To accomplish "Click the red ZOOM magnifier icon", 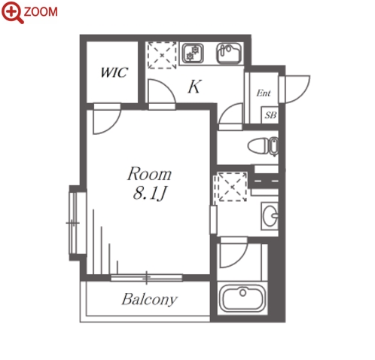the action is (12, 13).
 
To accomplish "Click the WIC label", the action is (114, 72).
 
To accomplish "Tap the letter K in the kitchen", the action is (194, 87).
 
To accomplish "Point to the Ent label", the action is (264, 93).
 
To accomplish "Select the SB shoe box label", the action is (270, 115).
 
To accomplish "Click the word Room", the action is (149, 173).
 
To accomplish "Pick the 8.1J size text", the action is (150, 194).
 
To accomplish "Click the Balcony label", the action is (150, 299).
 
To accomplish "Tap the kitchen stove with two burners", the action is (193, 53).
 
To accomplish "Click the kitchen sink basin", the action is (229, 53).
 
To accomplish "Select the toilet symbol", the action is (263, 146).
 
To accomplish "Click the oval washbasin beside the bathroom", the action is (270, 216).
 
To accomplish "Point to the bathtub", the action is (242, 298).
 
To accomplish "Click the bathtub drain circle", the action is (242, 292).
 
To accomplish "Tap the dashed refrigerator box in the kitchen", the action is (162, 55).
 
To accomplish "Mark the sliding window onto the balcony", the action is (147, 278).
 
